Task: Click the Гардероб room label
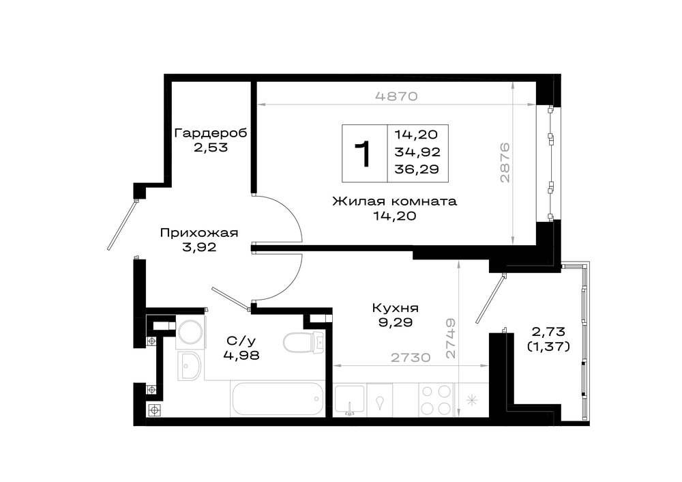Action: (211, 132)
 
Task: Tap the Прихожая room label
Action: (199, 233)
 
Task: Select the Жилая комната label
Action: (394, 201)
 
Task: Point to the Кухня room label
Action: (396, 309)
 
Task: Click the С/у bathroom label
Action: (241, 341)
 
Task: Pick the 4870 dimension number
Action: (396, 96)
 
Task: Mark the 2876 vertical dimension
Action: (504, 162)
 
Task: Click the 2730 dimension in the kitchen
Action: (411, 358)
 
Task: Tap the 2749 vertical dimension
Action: (451, 339)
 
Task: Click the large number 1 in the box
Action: (363, 153)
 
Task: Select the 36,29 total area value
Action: (417, 169)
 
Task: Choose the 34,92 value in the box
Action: (417, 152)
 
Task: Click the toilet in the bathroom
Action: (303, 342)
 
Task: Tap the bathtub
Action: (278, 399)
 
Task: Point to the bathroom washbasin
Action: (189, 366)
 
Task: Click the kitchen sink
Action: (350, 399)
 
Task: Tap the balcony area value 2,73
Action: (548, 332)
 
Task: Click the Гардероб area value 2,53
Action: (211, 147)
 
